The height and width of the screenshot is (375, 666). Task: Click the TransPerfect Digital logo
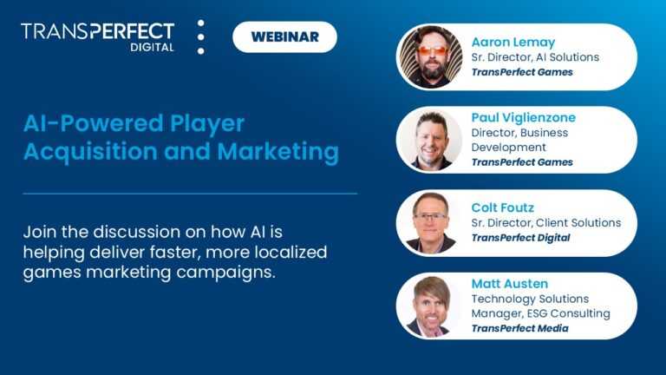point(97,36)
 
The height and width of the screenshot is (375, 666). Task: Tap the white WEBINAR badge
point(284,36)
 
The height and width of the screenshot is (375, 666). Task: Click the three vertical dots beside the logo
point(201,36)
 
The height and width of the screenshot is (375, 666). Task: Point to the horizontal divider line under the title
point(190,193)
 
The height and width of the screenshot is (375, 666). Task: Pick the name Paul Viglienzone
point(523,117)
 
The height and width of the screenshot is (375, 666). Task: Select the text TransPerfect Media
point(521,328)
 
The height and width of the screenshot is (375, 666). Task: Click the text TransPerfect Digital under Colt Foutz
point(520,238)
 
